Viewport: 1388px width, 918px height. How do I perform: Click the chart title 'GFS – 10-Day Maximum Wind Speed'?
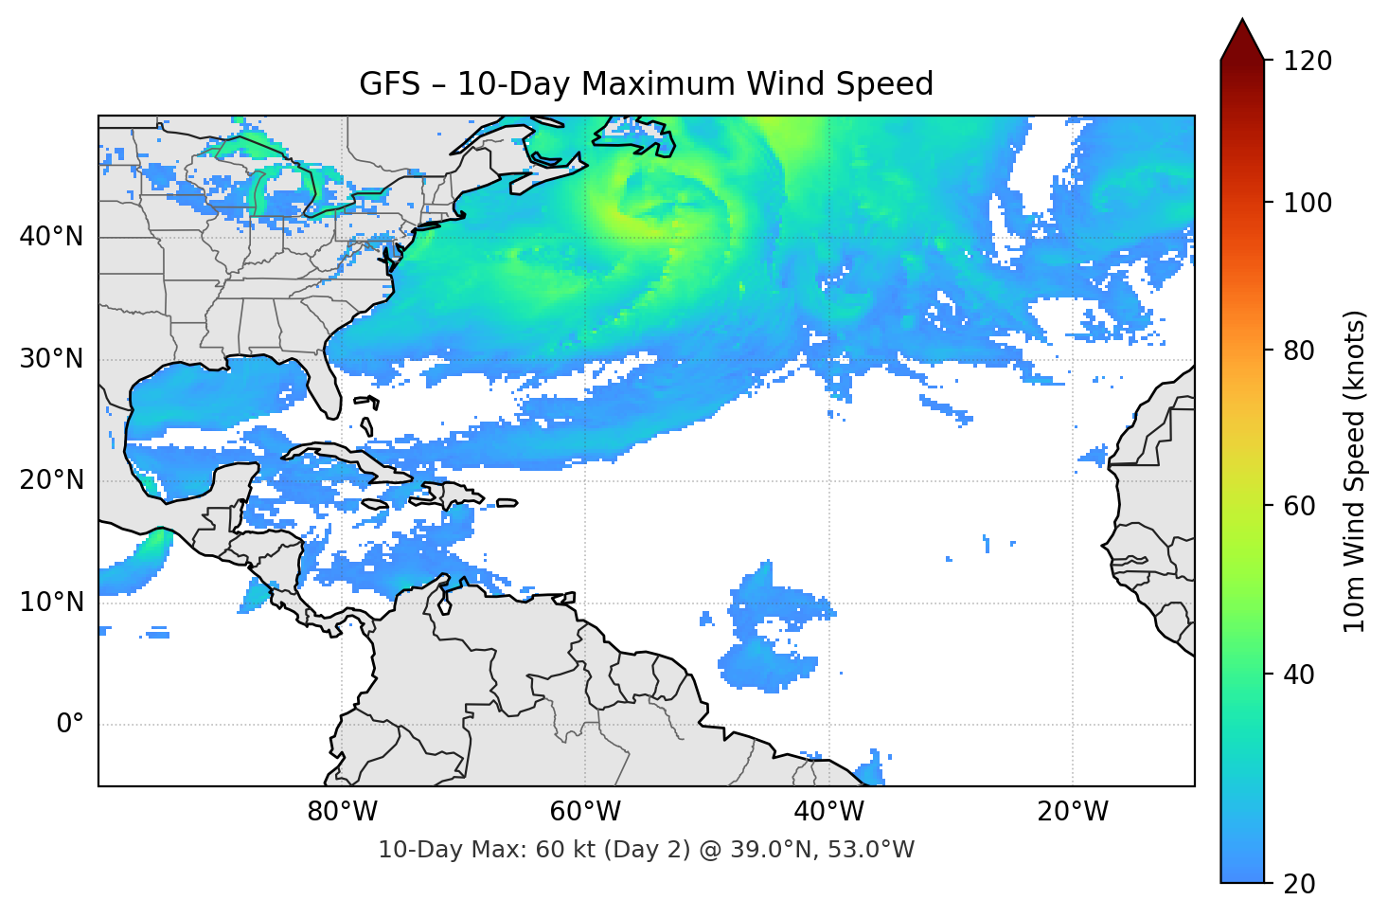click(x=646, y=84)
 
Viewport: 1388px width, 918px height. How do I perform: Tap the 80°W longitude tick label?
click(x=342, y=812)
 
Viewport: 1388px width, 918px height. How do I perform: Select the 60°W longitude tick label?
click(x=585, y=812)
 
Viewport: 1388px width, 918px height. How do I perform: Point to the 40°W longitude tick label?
click(x=828, y=812)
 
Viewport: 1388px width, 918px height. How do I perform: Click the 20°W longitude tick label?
click(x=1073, y=812)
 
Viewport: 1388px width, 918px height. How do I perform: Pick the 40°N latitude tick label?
click(x=51, y=237)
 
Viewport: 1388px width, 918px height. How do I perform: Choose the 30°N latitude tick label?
click(x=51, y=359)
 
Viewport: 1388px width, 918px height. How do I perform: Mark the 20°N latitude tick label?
click(x=51, y=480)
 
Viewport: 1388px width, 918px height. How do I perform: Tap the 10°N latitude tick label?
click(x=51, y=603)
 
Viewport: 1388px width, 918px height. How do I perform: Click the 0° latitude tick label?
click(x=70, y=725)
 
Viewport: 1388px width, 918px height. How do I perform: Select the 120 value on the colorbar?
click(x=1307, y=62)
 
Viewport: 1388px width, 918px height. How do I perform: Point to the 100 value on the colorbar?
click(x=1307, y=203)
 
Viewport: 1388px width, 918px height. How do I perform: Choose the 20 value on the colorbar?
click(x=1299, y=884)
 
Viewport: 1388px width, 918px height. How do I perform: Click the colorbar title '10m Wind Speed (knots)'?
click(x=1355, y=472)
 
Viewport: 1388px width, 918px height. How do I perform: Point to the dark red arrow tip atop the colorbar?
click(x=1242, y=38)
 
